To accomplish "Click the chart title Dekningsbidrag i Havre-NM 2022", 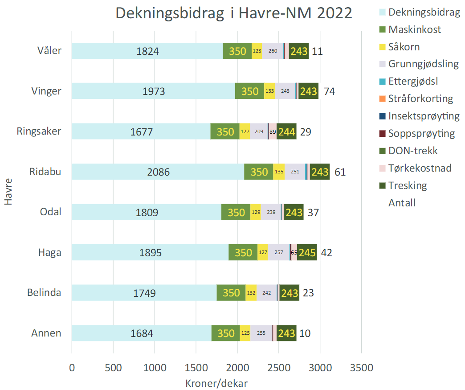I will [234, 13].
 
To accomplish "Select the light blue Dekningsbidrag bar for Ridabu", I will [158, 172].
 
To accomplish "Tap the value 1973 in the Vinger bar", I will [154, 91].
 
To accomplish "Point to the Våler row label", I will [49, 51].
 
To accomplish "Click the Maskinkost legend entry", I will [414, 29].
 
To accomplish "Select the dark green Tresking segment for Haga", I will [307, 252].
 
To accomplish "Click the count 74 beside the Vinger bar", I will [329, 91].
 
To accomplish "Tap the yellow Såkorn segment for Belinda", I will [251, 293].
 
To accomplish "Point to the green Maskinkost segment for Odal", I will [236, 212].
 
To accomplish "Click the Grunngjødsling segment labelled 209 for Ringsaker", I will [258, 131].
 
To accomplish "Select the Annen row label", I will [46, 333].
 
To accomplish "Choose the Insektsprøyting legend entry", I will [423, 116].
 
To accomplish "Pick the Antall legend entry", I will [402, 203].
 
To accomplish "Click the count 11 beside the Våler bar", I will [317, 51].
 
